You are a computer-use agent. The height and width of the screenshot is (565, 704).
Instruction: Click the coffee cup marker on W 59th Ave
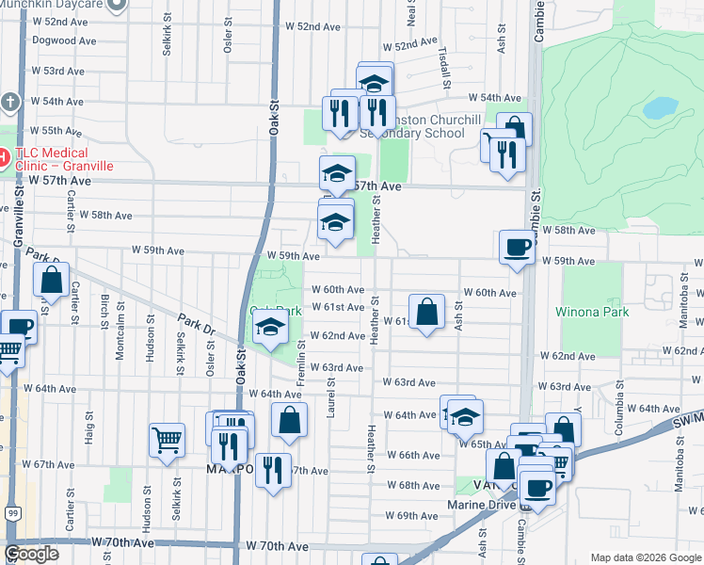point(517,248)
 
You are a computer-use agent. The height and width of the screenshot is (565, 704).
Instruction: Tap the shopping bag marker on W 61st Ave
point(426,313)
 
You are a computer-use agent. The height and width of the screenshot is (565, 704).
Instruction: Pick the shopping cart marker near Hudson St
point(167,441)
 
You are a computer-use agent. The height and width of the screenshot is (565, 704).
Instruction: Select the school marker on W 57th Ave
point(337,174)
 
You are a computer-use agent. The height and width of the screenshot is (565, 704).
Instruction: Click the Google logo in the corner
point(31,554)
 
